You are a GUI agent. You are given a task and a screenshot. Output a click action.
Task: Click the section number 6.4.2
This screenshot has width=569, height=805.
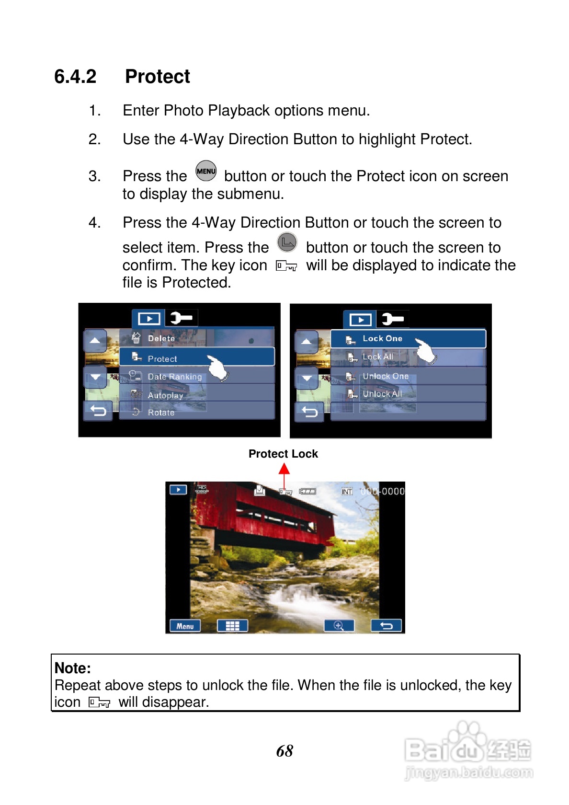click(x=75, y=77)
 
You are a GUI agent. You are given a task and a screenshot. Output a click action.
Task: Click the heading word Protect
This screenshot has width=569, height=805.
click(x=157, y=77)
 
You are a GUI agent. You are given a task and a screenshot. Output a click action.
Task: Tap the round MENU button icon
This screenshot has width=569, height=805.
click(x=206, y=171)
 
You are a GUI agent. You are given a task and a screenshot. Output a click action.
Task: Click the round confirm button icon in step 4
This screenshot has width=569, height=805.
click(x=287, y=242)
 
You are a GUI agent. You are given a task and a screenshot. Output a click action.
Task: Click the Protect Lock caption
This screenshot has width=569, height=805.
click(x=283, y=453)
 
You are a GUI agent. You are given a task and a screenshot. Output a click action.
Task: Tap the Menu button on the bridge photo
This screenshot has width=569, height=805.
click(x=185, y=626)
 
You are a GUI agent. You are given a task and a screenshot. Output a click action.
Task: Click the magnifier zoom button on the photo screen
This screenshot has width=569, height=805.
click(x=339, y=626)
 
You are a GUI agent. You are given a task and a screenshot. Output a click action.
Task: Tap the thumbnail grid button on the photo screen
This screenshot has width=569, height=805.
click(x=232, y=626)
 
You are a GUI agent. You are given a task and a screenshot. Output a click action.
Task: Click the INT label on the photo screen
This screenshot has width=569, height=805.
click(x=347, y=491)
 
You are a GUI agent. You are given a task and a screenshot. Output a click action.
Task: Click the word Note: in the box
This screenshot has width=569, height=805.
click(x=73, y=668)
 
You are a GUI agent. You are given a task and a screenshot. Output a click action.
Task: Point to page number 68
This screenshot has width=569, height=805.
click(x=284, y=750)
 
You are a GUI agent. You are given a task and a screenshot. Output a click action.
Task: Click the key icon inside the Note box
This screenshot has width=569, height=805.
click(x=99, y=702)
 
